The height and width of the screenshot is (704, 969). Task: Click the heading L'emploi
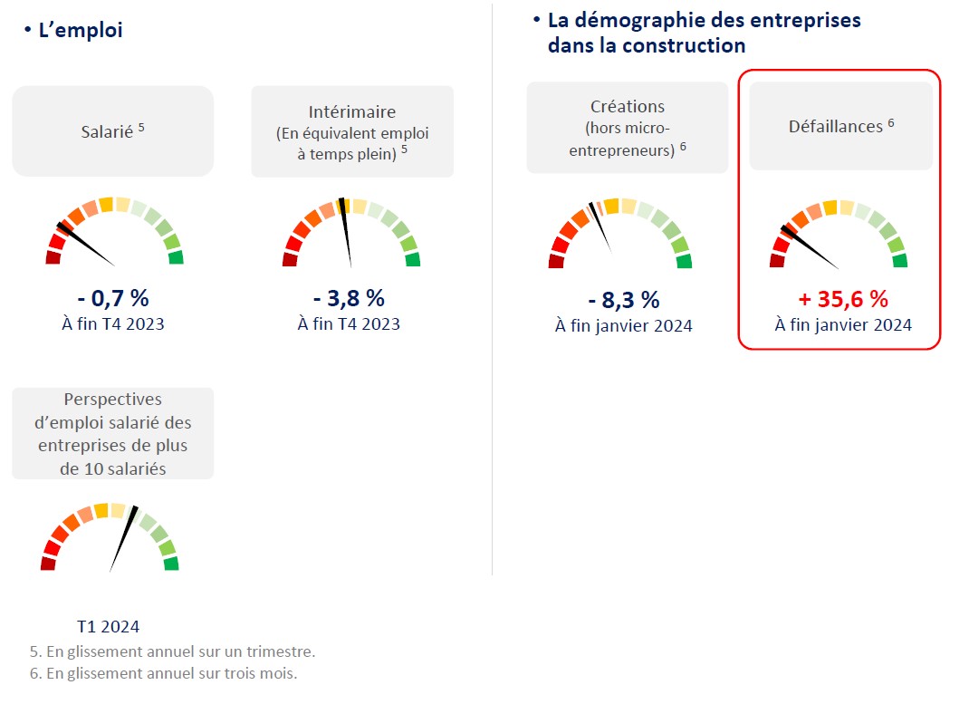click(80, 31)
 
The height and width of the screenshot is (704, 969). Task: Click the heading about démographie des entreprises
click(704, 33)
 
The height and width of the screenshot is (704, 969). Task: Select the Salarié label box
click(112, 131)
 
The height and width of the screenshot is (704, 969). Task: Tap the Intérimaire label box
click(352, 131)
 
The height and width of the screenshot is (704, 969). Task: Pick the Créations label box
click(627, 128)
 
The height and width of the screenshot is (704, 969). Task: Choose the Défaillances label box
click(840, 126)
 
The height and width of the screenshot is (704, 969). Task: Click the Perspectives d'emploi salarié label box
click(112, 433)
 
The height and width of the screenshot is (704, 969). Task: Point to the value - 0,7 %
click(113, 298)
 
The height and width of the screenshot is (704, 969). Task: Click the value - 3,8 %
click(349, 298)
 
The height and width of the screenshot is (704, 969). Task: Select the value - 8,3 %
click(623, 300)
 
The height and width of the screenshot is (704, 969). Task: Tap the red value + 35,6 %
click(842, 299)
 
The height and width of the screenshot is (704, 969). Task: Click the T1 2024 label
click(108, 626)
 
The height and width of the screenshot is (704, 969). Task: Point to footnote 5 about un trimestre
click(172, 651)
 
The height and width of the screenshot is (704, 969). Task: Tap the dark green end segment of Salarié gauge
click(175, 257)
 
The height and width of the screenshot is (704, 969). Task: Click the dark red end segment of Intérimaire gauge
click(290, 260)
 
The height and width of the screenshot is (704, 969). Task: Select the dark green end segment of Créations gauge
click(684, 262)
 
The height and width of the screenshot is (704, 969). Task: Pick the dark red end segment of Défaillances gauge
click(777, 261)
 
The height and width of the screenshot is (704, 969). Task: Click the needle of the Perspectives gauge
click(124, 536)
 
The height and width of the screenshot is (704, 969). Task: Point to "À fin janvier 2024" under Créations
click(623, 326)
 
